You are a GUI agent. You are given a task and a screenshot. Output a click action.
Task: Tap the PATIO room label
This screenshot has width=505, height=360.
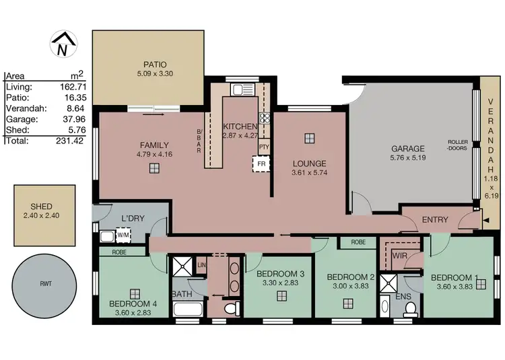click(154, 65)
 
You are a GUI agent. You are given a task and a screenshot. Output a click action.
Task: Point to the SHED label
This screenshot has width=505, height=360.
click(41, 207)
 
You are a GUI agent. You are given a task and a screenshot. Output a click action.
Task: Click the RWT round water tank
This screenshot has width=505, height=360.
click(46, 283)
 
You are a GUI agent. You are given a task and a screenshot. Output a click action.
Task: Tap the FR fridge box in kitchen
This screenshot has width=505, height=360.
click(259, 163)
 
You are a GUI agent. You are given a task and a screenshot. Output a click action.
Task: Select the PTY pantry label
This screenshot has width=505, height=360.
click(264, 146)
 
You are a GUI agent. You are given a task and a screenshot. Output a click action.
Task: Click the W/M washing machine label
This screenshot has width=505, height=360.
click(123, 236)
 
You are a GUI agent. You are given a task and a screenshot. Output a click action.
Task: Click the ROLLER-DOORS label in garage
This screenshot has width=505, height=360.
click(458, 146)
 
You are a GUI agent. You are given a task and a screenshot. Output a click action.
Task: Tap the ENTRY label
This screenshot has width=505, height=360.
click(435, 219)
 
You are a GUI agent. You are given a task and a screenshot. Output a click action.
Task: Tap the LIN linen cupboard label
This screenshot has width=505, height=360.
click(201, 266)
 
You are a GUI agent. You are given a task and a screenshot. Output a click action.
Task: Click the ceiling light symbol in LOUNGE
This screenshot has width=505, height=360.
click(308, 138)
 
